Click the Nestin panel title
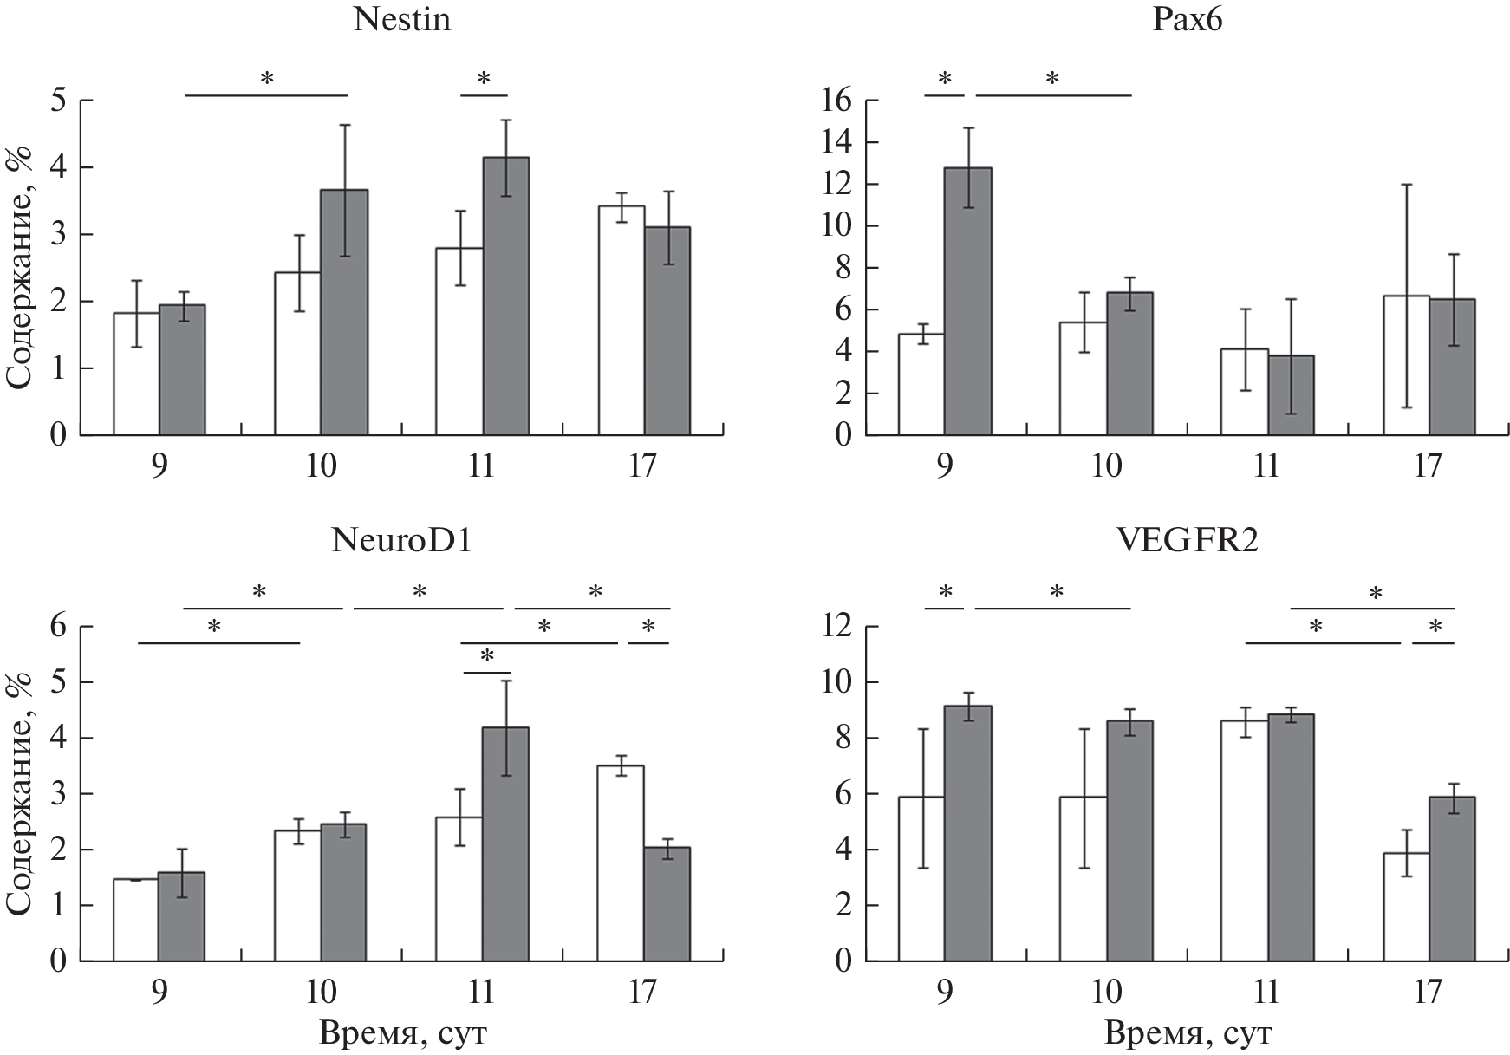(x=401, y=19)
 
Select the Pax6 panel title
(x=1188, y=19)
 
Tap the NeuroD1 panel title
(x=402, y=542)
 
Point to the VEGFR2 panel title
(x=1188, y=542)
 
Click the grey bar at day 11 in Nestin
(x=505, y=295)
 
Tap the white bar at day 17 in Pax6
(x=1406, y=364)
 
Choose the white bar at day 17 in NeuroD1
(x=621, y=863)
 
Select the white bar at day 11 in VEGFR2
(x=1244, y=840)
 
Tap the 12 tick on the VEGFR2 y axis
(x=836, y=626)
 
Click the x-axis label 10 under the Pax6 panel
(x=1107, y=466)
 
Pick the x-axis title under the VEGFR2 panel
(x=1188, y=1034)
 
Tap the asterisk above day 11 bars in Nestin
(x=484, y=80)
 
